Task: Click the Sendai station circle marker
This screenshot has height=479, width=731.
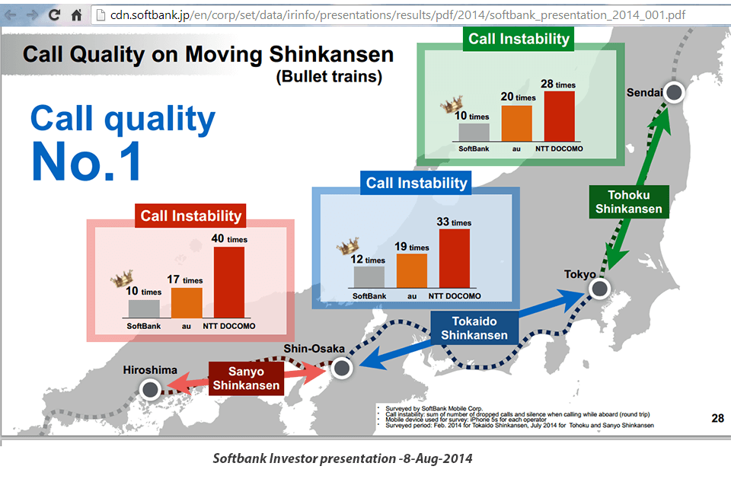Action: click(675, 93)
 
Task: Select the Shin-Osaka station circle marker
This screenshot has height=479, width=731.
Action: click(341, 369)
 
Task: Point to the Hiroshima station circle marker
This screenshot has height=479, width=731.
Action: click(150, 390)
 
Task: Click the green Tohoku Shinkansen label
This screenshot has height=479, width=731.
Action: click(628, 202)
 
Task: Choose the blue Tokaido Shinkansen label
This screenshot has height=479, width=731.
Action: click(474, 328)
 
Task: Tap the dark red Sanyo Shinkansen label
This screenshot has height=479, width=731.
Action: click(246, 378)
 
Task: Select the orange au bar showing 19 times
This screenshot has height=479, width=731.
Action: click(412, 271)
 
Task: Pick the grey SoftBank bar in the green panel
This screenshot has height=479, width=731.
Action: click(474, 133)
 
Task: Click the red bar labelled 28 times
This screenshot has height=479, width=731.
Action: click(559, 117)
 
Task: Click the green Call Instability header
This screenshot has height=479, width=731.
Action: click(519, 39)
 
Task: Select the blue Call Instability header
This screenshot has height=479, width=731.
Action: click(416, 183)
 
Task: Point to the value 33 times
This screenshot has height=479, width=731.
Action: click(453, 222)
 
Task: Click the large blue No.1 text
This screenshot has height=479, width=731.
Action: click(86, 161)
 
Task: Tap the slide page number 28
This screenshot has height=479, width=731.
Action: click(717, 417)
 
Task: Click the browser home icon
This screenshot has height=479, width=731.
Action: click(76, 14)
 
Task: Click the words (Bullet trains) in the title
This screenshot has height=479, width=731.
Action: click(328, 77)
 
